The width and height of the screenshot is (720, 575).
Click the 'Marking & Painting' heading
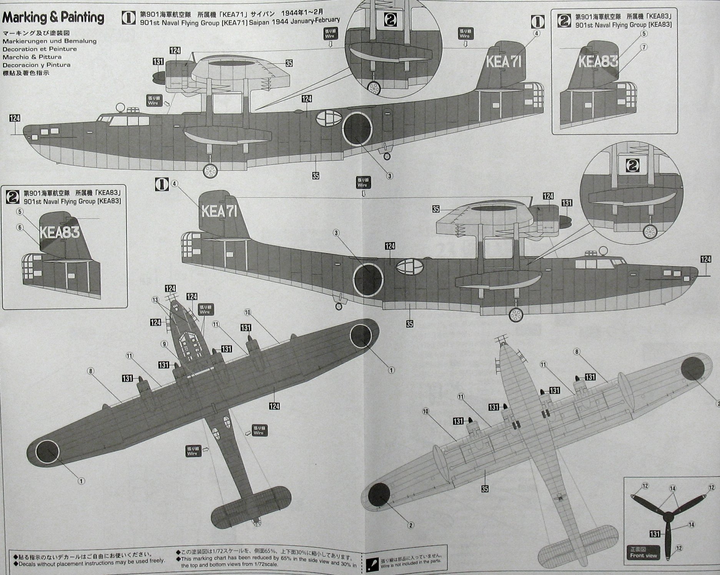tap(53, 18)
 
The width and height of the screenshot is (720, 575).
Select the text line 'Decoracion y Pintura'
tap(37, 65)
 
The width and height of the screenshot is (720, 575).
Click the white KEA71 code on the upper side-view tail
tap(505, 62)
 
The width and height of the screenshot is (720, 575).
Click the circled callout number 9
tap(165, 344)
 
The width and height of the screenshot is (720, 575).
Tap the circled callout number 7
tap(644, 47)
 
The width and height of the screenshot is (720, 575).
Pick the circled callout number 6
tap(20, 227)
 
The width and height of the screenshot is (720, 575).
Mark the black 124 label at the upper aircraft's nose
tap(15, 118)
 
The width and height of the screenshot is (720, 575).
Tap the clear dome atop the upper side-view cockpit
tap(121, 107)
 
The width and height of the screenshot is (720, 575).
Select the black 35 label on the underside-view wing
tap(485, 488)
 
